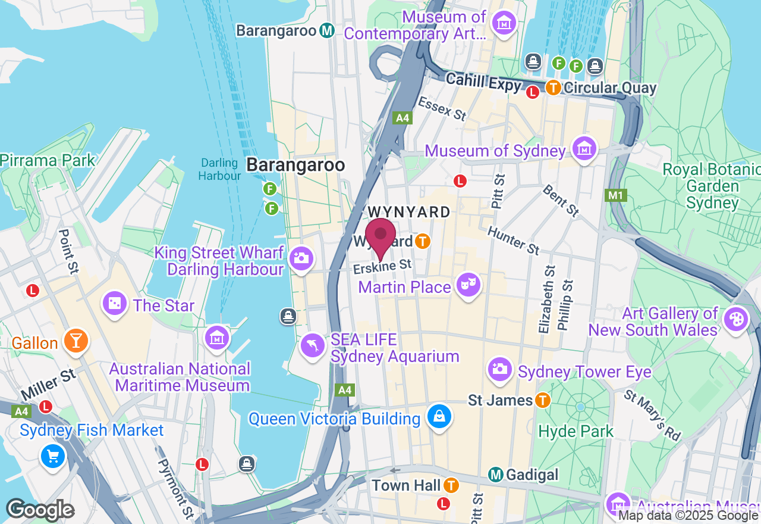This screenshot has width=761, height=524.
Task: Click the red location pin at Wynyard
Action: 380,235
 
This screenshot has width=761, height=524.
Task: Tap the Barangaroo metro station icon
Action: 326,30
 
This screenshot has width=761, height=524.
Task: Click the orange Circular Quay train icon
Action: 553,88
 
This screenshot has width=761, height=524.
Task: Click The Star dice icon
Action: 114,304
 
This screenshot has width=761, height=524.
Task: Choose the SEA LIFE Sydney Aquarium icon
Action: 313,346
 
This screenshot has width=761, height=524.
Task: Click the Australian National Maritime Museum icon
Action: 217,338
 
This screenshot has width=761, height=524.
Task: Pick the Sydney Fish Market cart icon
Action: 52,457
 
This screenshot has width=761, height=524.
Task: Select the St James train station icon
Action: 542,400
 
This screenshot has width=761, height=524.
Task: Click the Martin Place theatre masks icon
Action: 468,285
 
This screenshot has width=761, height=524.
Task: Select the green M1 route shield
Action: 614,195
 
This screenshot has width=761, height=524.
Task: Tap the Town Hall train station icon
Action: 452,485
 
